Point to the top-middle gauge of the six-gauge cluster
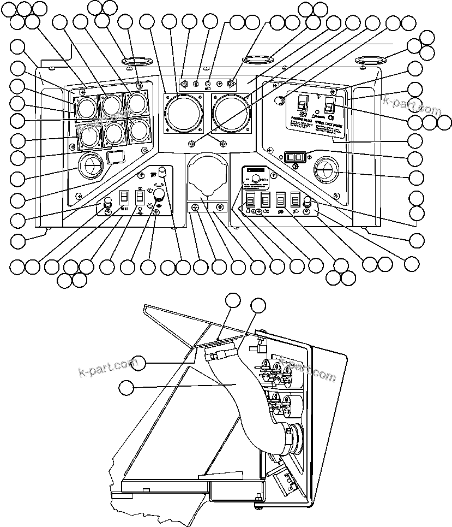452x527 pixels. [112, 105]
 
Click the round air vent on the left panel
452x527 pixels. [90, 165]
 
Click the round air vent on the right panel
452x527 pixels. [327, 171]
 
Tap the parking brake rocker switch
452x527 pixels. [302, 103]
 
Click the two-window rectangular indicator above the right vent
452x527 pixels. [293, 157]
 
